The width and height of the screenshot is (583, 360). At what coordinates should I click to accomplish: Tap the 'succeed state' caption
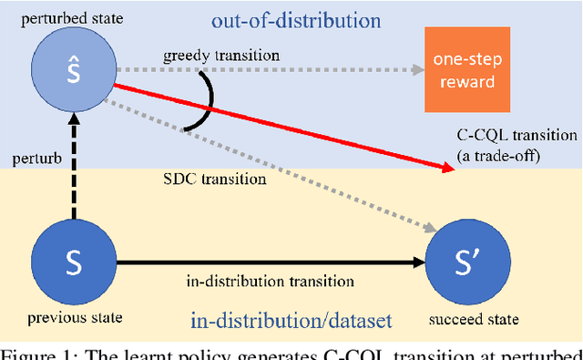476,319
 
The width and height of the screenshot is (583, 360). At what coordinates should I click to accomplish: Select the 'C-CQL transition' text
517,136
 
